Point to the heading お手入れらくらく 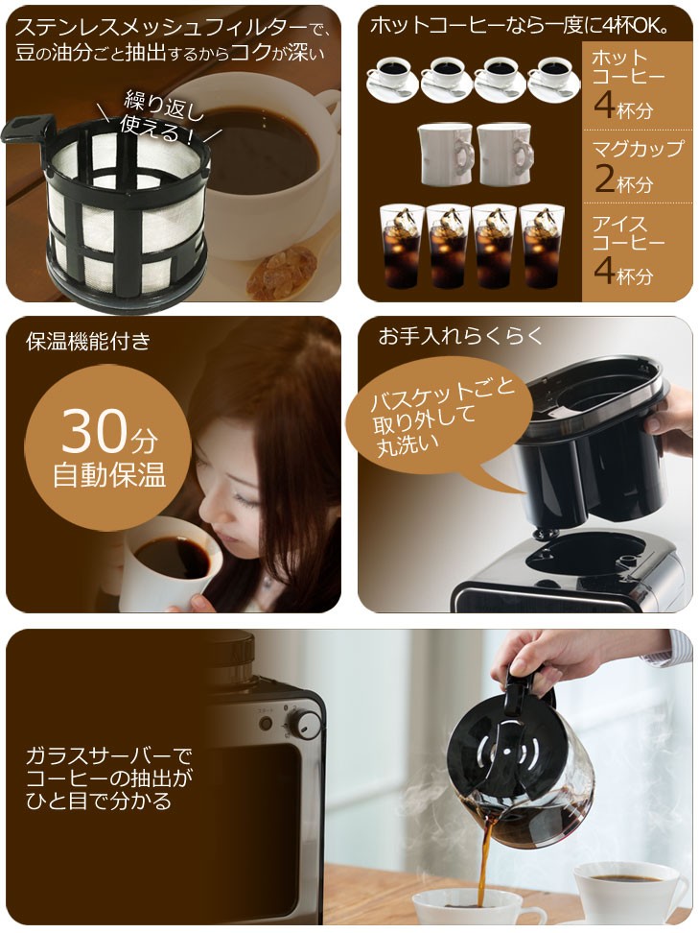[461, 336]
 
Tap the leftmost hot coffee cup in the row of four [392, 79]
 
